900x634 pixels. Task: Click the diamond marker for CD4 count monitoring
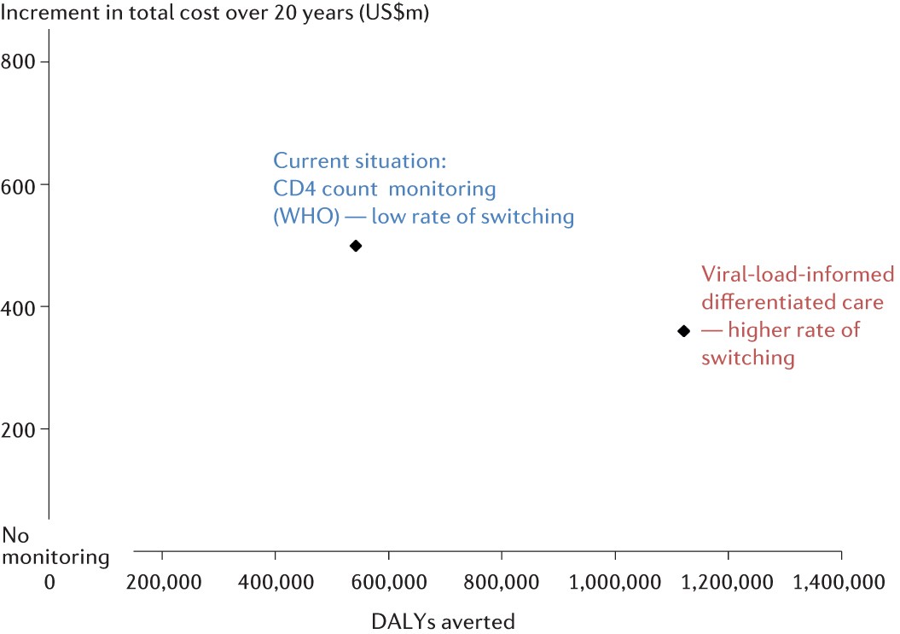[x=356, y=246]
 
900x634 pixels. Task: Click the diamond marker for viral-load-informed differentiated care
[x=682, y=330]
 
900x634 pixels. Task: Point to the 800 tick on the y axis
[x=24, y=62]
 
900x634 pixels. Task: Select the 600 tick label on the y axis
[x=24, y=184]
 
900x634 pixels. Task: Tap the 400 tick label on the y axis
[x=24, y=306]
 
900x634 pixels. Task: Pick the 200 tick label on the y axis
[x=24, y=428]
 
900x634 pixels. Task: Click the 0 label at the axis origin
[x=49, y=582]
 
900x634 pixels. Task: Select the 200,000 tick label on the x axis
[x=162, y=582]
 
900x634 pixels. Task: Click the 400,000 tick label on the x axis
[x=276, y=582]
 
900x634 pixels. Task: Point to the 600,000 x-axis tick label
[x=389, y=582]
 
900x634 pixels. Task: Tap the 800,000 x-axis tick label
[x=502, y=582]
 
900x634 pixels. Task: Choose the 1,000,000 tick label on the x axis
[x=614, y=582]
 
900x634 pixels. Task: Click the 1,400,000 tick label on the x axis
[x=841, y=582]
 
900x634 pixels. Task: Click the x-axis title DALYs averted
[x=443, y=621]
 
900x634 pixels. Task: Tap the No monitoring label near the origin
[x=56, y=547]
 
